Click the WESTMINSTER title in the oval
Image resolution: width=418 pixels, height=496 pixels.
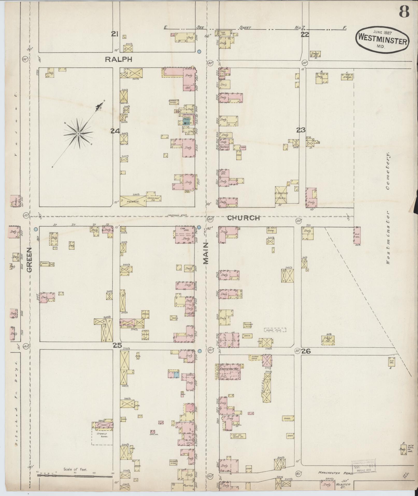pyautogui.click(x=382, y=41)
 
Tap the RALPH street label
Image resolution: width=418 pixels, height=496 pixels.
pyautogui.click(x=118, y=59)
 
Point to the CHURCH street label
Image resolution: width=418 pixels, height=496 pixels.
pyautogui.click(x=243, y=218)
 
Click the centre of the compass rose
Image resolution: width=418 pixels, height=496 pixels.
pyautogui.click(x=78, y=134)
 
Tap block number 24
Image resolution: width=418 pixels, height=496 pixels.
pyautogui.click(x=115, y=131)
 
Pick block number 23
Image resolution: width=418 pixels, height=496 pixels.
pyautogui.click(x=301, y=130)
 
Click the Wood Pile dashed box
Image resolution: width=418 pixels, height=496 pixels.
pyautogui.click(x=275, y=330)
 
